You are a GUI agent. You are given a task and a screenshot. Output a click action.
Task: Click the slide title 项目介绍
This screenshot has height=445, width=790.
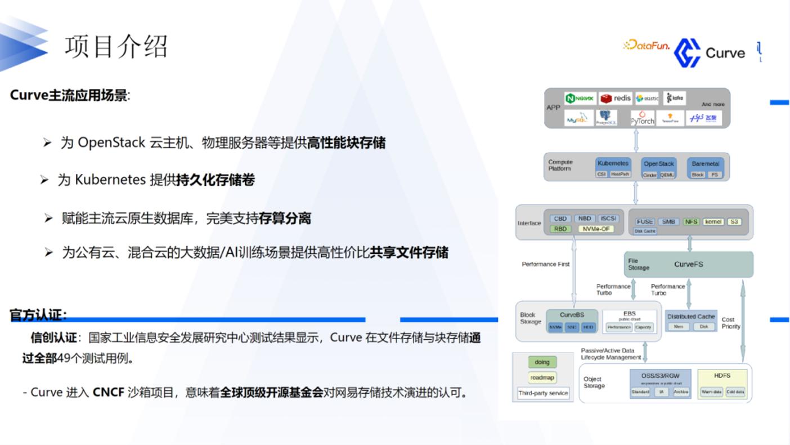pyautogui.click(x=116, y=46)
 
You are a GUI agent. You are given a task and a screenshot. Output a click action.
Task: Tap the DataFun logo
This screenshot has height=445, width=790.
pyautogui.click(x=647, y=46)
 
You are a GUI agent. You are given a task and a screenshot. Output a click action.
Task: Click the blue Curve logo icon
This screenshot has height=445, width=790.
pyautogui.click(x=687, y=53)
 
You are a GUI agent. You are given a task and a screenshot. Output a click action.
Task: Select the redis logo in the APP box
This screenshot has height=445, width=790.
pyautogui.click(x=615, y=98)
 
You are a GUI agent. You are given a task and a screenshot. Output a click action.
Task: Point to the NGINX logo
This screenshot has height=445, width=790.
pyautogui.click(x=580, y=98)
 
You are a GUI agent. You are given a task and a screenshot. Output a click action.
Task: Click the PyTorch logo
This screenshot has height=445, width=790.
pyautogui.click(x=642, y=118)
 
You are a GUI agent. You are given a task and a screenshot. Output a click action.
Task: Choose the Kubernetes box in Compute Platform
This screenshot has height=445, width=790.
pyautogui.click(x=613, y=163)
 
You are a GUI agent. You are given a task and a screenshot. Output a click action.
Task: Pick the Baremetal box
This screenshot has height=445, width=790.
pyautogui.click(x=705, y=164)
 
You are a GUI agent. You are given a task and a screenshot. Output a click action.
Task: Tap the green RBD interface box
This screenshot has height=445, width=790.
pyautogui.click(x=560, y=229)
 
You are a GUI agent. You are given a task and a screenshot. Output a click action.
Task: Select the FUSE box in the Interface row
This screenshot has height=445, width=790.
pyautogui.click(x=645, y=221)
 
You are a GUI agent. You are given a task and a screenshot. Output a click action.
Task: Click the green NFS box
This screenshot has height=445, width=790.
pyautogui.click(x=691, y=221)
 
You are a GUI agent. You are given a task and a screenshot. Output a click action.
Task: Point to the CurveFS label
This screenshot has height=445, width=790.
pyautogui.click(x=688, y=264)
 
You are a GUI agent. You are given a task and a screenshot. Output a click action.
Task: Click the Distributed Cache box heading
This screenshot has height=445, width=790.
pyautogui.click(x=691, y=317)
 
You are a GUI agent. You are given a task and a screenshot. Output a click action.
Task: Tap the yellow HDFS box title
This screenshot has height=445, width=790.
pyautogui.click(x=722, y=375)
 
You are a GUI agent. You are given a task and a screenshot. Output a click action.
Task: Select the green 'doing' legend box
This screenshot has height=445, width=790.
pyautogui.click(x=542, y=362)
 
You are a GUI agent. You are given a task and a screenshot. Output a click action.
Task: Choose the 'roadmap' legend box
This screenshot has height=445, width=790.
pyautogui.click(x=542, y=377)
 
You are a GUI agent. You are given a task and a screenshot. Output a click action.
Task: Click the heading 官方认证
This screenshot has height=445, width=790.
pyautogui.click(x=38, y=315)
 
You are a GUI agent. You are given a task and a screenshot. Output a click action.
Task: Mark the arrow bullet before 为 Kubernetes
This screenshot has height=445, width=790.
pyautogui.click(x=44, y=180)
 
